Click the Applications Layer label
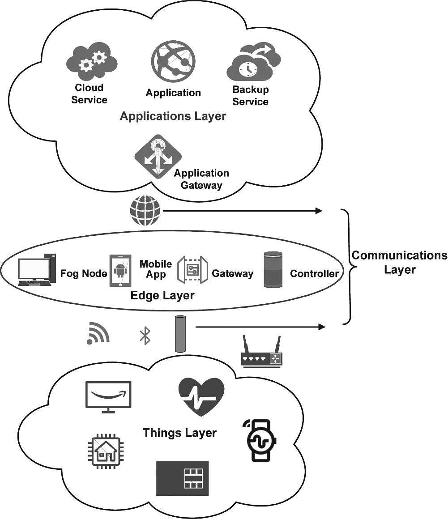tap(173, 116)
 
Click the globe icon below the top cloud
tap(145, 211)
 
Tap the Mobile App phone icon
tap(120, 271)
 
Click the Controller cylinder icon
tap(273, 270)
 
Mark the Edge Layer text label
tap(162, 296)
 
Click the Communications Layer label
tap(399, 262)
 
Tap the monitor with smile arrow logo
tap(108, 397)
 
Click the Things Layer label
tap(180, 433)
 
